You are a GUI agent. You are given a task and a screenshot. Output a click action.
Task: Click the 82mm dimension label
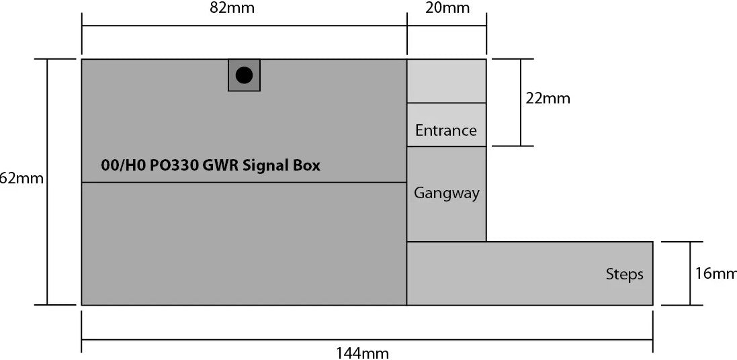232,8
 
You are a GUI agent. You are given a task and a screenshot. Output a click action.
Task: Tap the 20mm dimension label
447,8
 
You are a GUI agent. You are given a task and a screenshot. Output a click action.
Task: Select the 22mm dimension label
548,99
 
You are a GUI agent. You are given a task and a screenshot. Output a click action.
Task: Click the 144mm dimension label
363,353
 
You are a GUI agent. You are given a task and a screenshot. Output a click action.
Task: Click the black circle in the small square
244,75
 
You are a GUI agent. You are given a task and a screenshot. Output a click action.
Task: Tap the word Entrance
446,130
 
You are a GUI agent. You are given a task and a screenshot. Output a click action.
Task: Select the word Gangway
446,193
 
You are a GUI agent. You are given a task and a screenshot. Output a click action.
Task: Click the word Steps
624,274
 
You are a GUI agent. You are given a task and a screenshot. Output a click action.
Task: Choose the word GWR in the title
216,165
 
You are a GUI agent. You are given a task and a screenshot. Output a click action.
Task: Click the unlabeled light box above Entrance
446,81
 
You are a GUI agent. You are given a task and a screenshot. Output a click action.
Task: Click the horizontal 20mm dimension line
447,26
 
